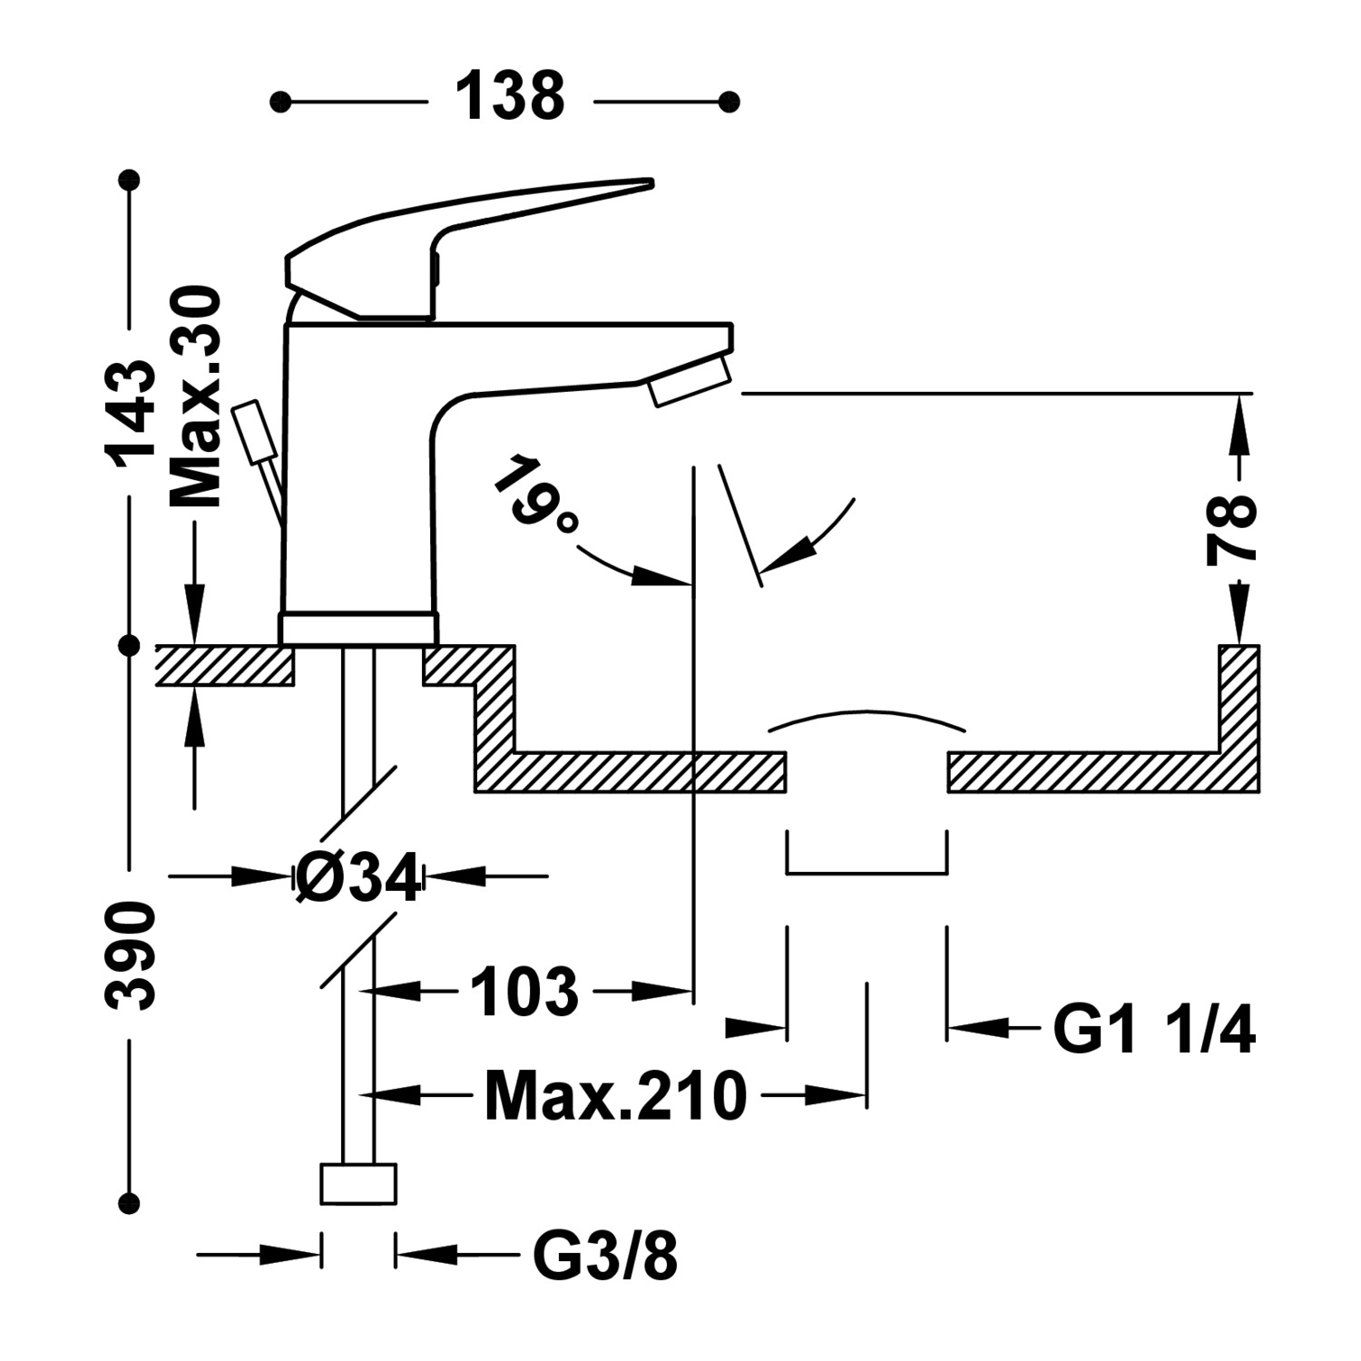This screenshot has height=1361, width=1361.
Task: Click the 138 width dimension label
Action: coord(510,98)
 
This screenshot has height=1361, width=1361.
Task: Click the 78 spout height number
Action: coord(1231,531)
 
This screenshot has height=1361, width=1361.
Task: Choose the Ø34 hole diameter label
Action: coord(359,877)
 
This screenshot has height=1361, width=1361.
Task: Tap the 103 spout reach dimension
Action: coord(524,992)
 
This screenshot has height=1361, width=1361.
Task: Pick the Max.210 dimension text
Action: coord(615,1096)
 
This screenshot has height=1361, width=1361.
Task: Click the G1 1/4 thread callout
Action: coord(1153,1031)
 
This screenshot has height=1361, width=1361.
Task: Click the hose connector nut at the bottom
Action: coord(359,1183)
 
